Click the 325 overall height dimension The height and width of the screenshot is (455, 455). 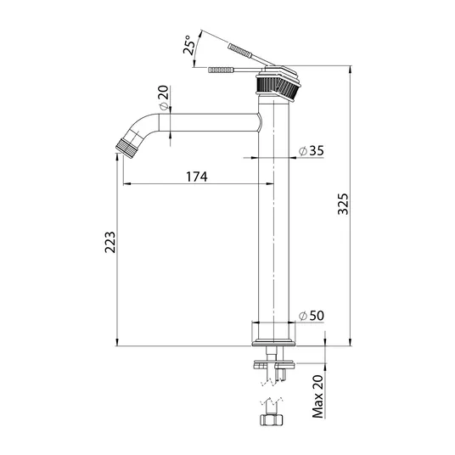[x=343, y=204]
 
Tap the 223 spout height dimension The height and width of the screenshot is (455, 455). [x=110, y=242]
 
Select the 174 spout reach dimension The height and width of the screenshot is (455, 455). [x=197, y=177]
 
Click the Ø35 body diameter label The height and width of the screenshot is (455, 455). [x=312, y=150]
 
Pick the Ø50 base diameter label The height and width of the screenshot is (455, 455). [x=312, y=316]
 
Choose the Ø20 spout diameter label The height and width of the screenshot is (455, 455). [x=164, y=98]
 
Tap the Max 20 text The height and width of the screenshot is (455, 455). [x=317, y=396]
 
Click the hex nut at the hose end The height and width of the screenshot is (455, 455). [x=271, y=420]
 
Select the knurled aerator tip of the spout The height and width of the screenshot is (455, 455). [x=126, y=148]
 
